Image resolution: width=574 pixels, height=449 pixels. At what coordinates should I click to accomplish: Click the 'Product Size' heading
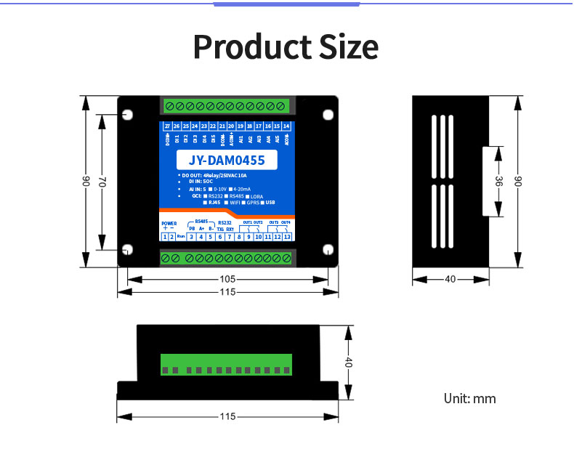[286, 47]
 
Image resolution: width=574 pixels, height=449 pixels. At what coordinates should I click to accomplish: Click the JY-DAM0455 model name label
[226, 161]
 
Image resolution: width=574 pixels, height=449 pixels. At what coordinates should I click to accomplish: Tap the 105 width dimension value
[227, 279]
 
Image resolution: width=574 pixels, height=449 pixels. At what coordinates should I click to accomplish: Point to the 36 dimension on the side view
[498, 182]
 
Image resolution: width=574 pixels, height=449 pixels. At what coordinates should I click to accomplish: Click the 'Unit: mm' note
[470, 398]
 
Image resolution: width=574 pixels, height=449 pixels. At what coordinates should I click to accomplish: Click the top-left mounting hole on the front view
[128, 115]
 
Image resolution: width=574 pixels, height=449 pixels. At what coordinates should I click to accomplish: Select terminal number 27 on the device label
[167, 126]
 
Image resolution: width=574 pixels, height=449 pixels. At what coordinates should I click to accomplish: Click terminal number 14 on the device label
[286, 126]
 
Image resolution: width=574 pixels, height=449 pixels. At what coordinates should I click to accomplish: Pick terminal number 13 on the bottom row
[287, 237]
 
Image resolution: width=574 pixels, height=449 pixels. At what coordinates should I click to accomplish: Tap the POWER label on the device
[169, 223]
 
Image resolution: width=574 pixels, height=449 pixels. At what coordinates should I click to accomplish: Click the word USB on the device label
[271, 203]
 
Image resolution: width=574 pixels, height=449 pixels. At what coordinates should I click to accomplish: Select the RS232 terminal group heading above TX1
[225, 222]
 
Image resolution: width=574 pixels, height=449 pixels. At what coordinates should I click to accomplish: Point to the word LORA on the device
[256, 196]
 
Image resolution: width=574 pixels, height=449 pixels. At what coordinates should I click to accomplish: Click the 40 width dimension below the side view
[450, 279]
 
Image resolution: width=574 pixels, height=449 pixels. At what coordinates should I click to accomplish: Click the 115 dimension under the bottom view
[227, 417]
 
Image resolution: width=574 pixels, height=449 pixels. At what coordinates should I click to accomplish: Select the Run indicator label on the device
[181, 237]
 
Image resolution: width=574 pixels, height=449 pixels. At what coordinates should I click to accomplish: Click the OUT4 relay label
[286, 222]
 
